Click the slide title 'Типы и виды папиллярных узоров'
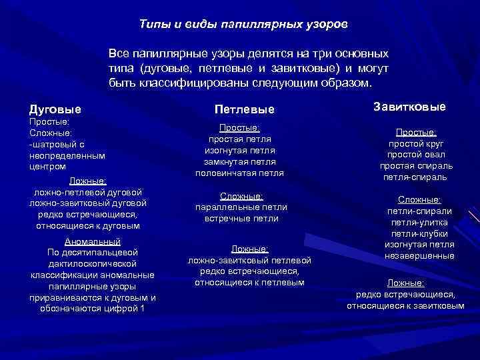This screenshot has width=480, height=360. click(x=243, y=23)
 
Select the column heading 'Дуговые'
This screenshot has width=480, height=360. click(x=55, y=109)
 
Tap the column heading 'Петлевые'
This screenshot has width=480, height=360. click(x=244, y=109)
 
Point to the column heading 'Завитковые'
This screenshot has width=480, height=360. click(x=410, y=107)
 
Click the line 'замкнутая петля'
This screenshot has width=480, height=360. click(x=240, y=161)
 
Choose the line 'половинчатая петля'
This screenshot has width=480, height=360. click(x=240, y=173)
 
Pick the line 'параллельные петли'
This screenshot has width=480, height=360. click(x=240, y=207)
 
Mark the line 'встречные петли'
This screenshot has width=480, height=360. click(x=240, y=219)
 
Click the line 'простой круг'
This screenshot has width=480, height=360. click(x=417, y=143)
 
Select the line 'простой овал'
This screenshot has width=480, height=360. click(x=417, y=155)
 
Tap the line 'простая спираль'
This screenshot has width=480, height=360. click(x=417, y=166)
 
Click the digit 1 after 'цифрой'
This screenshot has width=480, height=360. click(x=141, y=309)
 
